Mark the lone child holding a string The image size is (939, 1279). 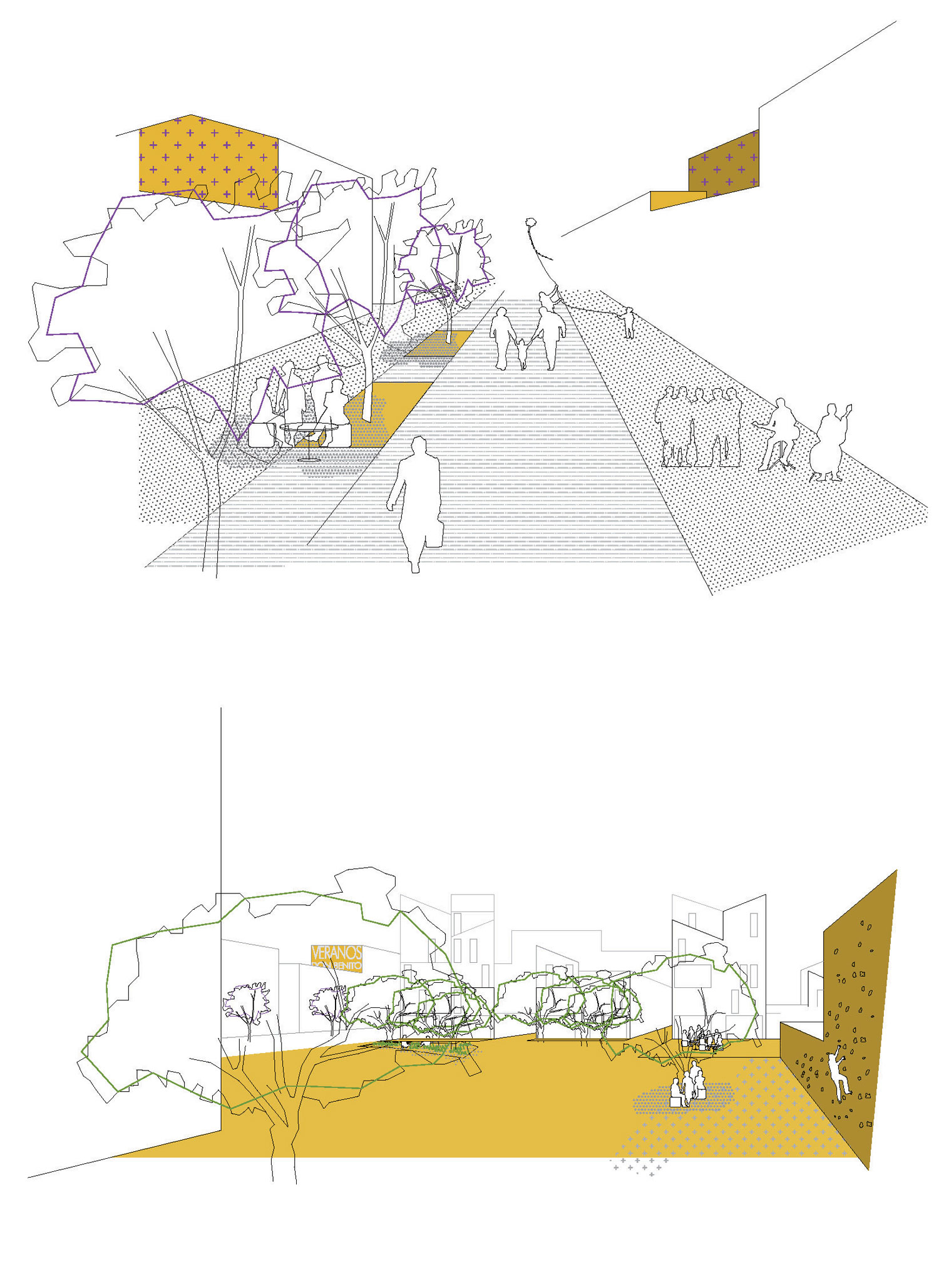click(x=627, y=322)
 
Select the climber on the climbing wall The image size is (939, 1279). click(x=837, y=1074)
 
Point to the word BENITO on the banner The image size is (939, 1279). click(x=347, y=967)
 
